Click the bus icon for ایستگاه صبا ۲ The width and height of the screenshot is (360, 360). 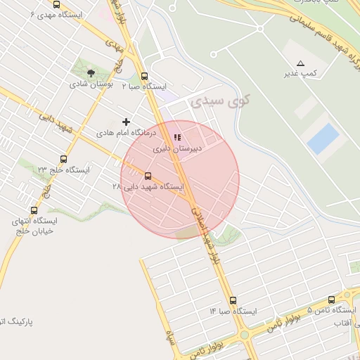pos(144,76)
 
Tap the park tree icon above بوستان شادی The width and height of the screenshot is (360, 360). pos(90,72)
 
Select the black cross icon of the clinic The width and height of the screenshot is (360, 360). pos(126,122)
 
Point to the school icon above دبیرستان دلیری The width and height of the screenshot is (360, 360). pos(176,138)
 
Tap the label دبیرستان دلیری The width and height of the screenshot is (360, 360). pos(178,149)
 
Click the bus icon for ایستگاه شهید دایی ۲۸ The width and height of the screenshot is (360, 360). pos(148,176)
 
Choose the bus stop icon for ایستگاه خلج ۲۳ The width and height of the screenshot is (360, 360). pos(63,159)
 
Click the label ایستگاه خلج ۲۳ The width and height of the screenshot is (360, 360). pos(63,170)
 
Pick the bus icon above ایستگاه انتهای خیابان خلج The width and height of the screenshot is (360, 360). pos(34,210)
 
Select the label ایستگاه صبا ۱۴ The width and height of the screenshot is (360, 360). pos(233,311)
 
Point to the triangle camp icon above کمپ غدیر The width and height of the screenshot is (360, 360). pos(301,63)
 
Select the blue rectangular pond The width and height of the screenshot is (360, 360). pos(323,138)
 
